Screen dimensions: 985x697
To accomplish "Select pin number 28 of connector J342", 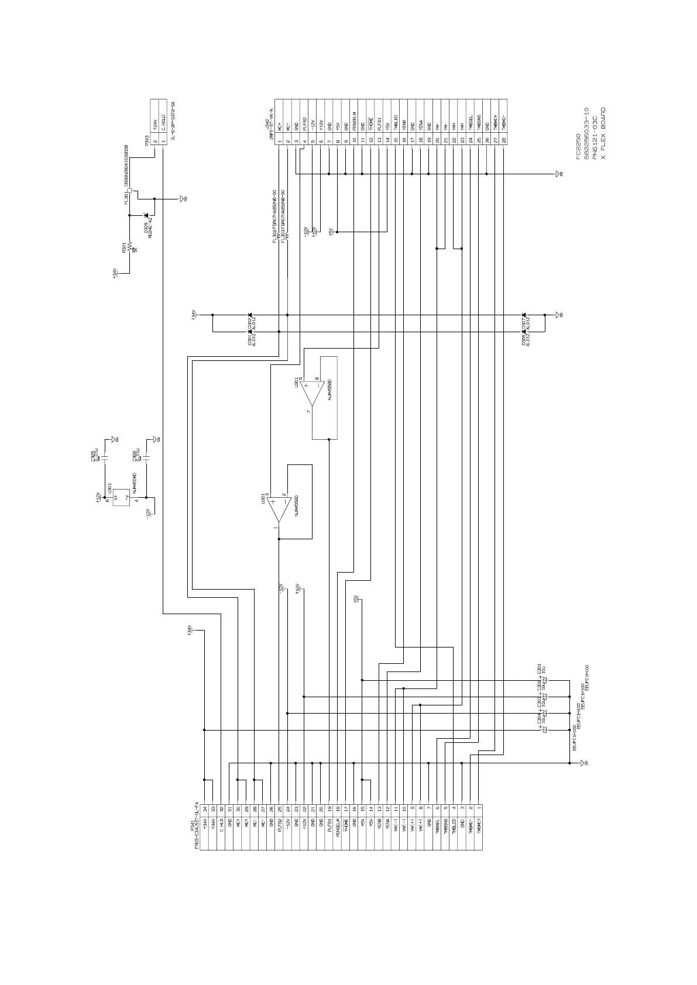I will pyautogui.click(x=503, y=140).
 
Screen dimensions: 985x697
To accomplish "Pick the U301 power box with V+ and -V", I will pyautogui.click(x=121, y=497).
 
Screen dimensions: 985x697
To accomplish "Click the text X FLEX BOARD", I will pyautogui.click(x=603, y=133).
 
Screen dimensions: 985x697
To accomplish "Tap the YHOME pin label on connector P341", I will pyautogui.click(x=346, y=831).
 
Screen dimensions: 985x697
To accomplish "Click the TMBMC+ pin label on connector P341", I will pyautogui.click(x=479, y=832).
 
